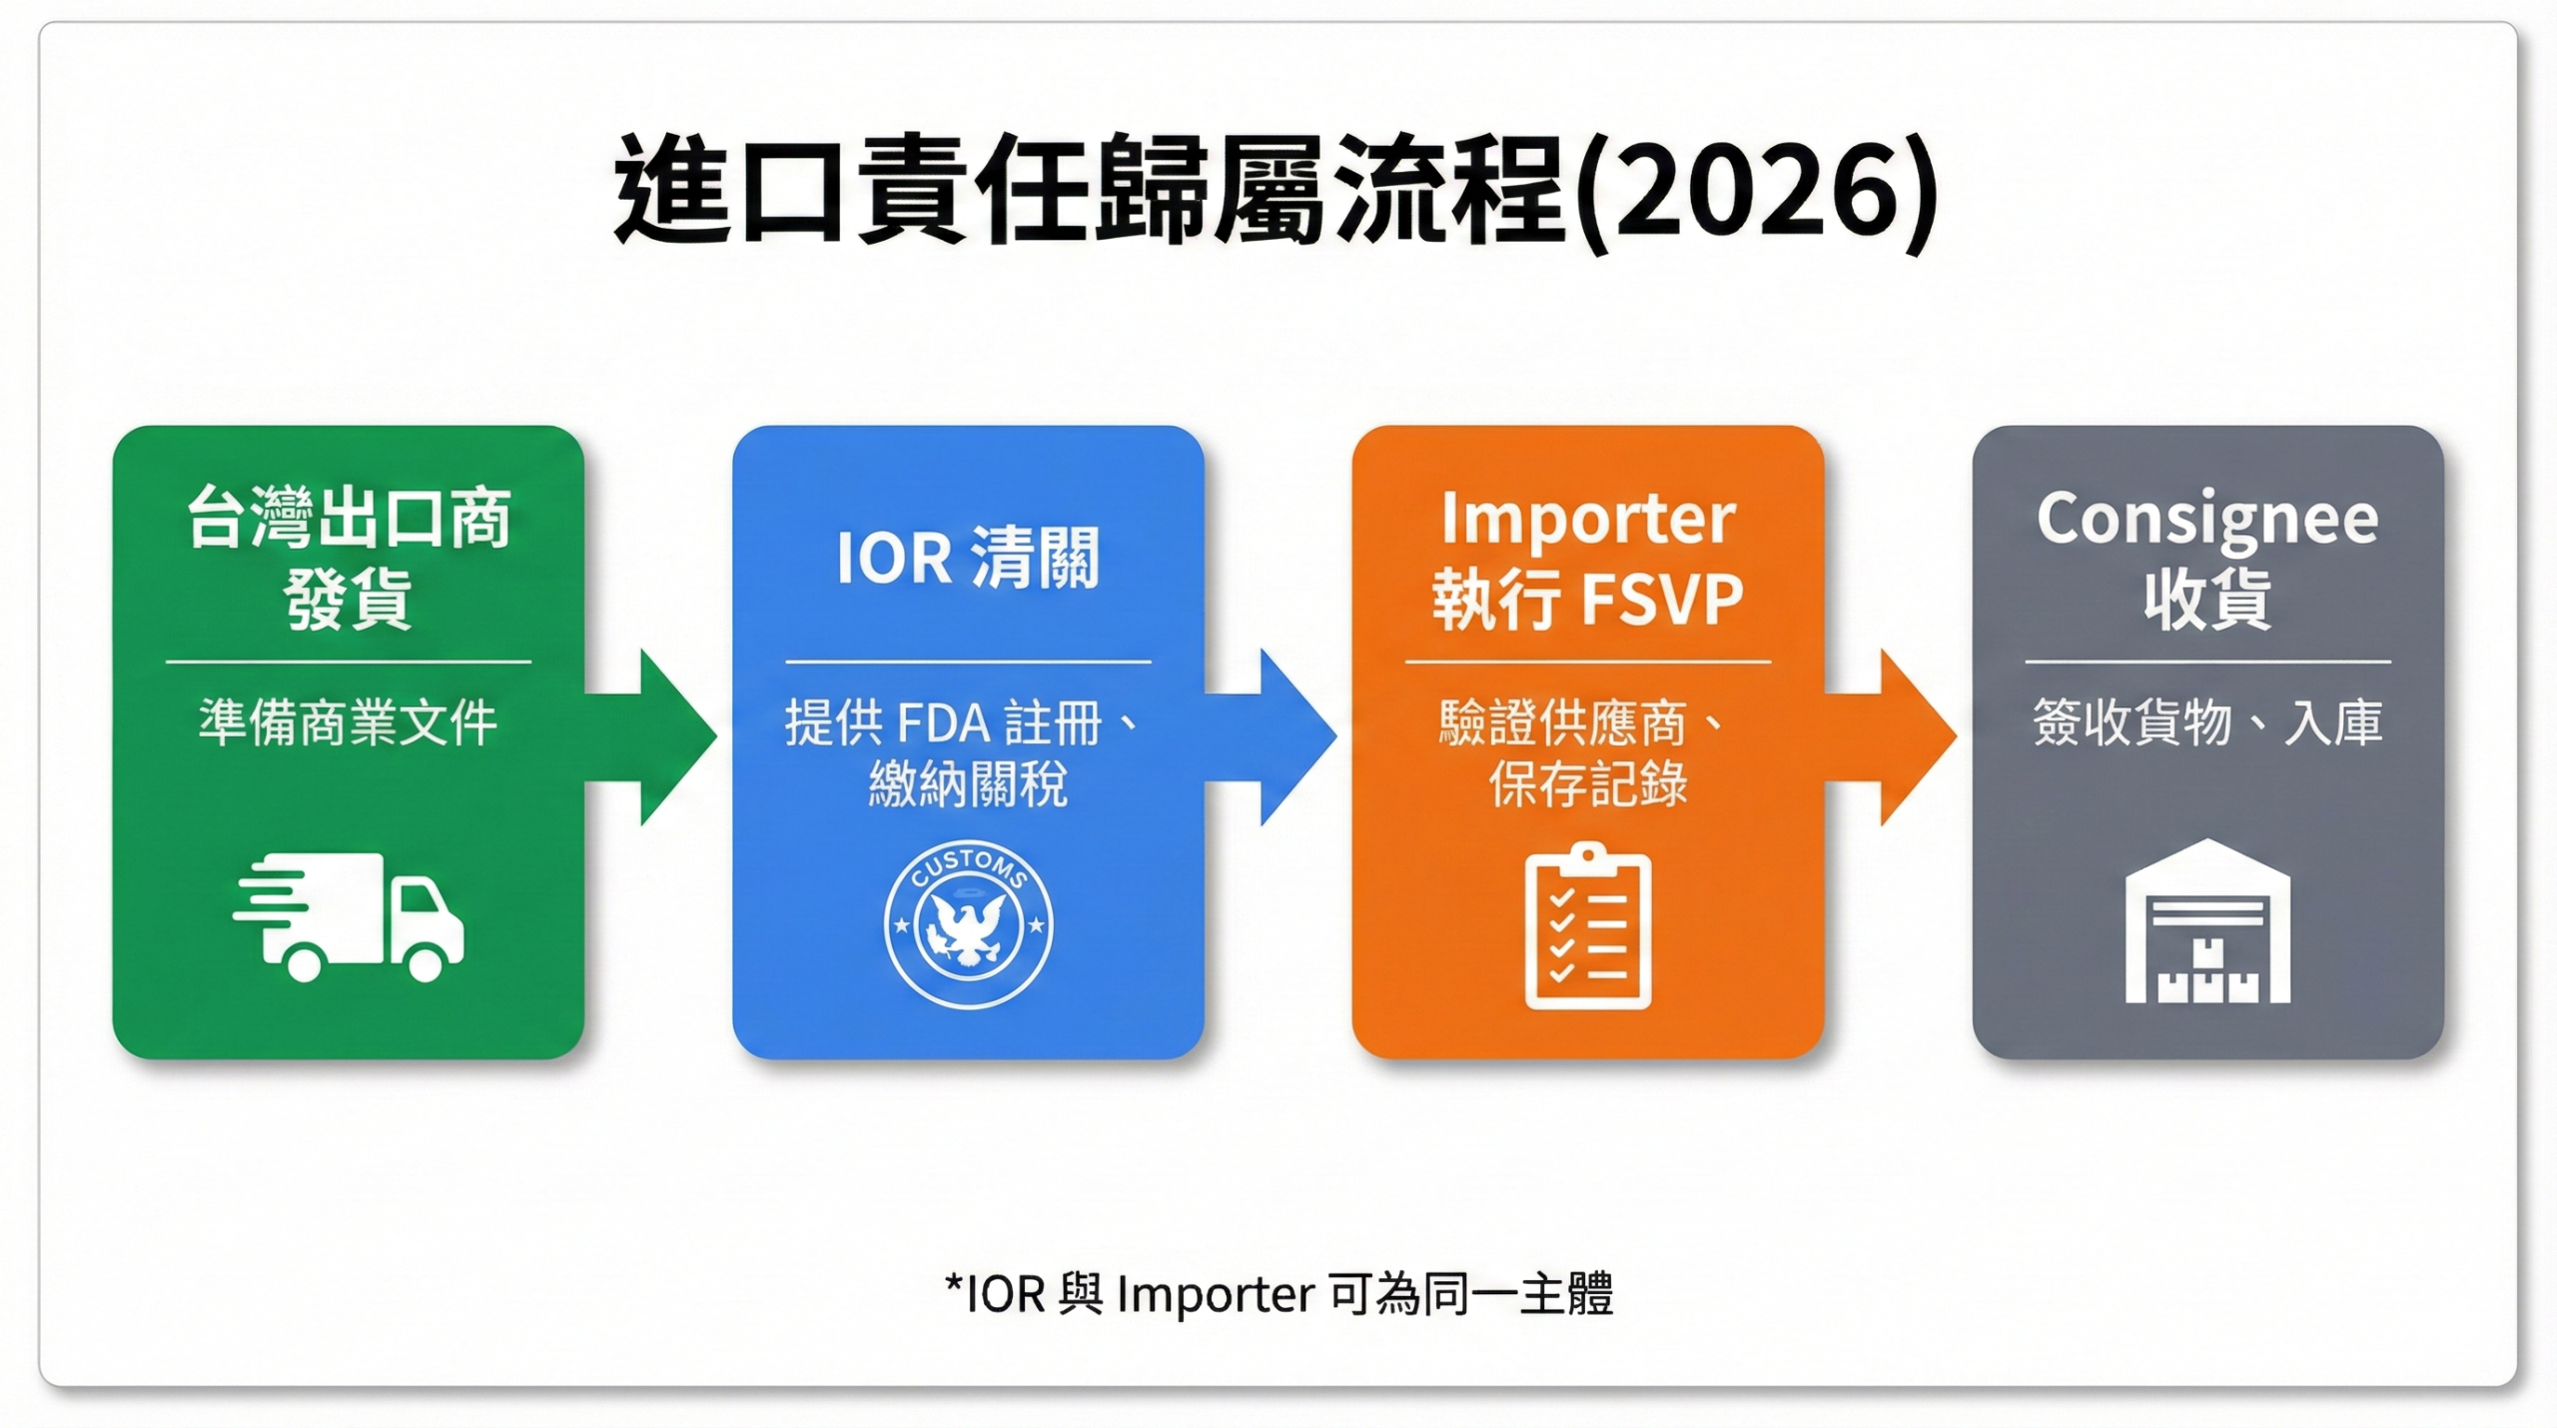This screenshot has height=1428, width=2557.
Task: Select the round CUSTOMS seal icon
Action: point(968,923)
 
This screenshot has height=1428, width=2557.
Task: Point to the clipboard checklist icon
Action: point(1587,926)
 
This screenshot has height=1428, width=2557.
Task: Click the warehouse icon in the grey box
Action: point(2207,922)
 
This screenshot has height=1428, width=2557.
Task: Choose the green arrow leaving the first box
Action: point(659,736)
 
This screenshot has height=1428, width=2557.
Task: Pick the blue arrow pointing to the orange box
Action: point(1278,736)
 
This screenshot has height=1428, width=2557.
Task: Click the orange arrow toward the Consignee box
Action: point(1898,736)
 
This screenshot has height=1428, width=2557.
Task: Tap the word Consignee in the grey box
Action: point(2207,520)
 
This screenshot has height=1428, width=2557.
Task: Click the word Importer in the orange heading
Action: point(1587,520)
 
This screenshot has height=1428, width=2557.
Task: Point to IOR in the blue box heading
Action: point(894,558)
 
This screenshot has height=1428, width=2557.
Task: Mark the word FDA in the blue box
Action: point(943,723)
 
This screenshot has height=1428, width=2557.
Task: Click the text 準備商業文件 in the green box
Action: point(348,722)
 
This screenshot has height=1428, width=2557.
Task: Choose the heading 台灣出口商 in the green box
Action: point(349,520)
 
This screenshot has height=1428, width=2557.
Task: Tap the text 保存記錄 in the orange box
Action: point(1587,784)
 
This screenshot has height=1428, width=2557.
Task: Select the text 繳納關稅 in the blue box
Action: point(968,784)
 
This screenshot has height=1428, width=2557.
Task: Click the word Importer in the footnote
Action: point(1215,1294)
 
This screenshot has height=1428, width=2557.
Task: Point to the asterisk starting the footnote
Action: point(954,1282)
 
